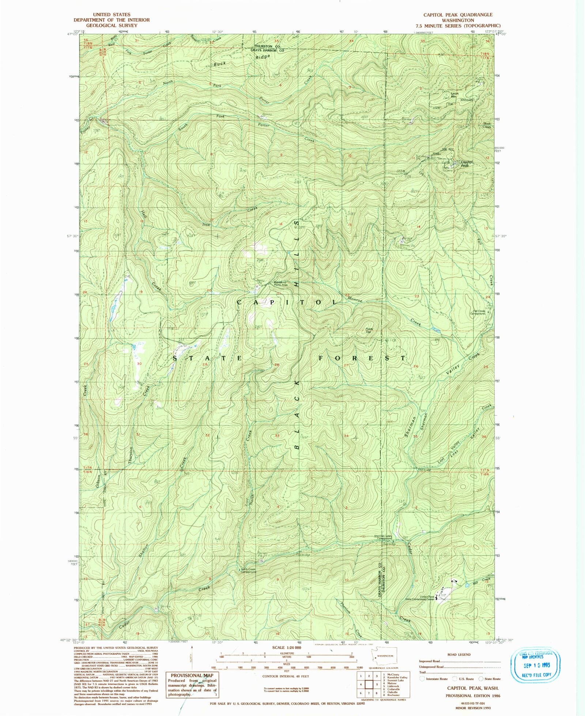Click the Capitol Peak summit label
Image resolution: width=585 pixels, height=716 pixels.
[x=467, y=163]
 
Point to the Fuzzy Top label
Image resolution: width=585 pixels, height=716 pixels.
[x=369, y=330]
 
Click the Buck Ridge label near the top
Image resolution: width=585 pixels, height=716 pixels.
[x=241, y=60]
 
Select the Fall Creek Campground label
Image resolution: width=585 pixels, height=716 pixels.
[x=477, y=312]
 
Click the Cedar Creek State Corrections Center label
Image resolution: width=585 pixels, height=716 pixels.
[x=424, y=598]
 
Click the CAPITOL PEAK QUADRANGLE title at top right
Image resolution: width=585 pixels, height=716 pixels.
[x=458, y=15]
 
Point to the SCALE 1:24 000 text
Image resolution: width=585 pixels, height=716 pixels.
[x=287, y=648]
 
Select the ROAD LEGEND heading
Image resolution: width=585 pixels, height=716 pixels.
[x=459, y=655]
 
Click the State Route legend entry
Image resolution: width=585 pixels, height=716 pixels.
[x=492, y=679]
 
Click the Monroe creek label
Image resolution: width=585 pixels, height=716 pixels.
[x=354, y=299]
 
